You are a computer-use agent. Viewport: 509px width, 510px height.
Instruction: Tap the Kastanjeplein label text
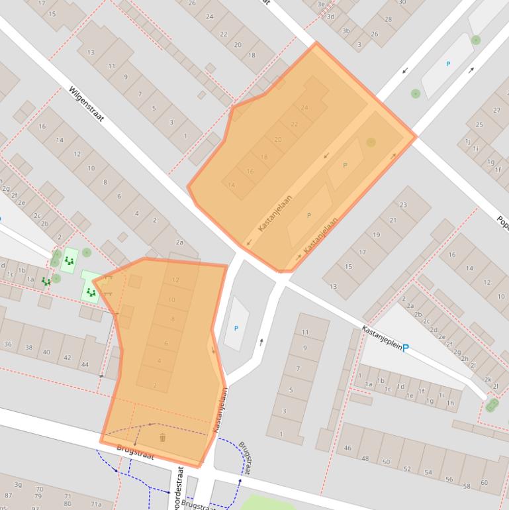[x=381, y=338]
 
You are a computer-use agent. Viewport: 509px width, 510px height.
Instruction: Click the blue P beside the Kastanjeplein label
[x=406, y=348]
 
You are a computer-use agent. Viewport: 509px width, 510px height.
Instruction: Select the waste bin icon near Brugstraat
[x=162, y=437]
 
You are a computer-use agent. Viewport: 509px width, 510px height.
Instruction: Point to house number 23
[x=403, y=205]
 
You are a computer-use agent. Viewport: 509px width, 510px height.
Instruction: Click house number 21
[x=393, y=220]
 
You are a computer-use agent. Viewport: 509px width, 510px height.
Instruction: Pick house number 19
[x=377, y=235]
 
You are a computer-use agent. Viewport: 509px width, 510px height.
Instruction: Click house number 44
[x=85, y=365]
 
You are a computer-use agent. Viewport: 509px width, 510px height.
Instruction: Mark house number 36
[x=8, y=344]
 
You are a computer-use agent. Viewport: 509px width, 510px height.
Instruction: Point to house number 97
[x=7, y=495]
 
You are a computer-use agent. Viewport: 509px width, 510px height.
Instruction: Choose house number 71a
[x=97, y=505]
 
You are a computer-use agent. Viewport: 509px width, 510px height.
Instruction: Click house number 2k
[x=488, y=380]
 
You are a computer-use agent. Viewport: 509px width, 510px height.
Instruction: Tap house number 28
[x=389, y=19]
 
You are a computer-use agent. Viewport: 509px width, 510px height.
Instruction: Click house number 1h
[x=450, y=403]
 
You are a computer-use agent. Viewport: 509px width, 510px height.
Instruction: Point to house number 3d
[x=330, y=17]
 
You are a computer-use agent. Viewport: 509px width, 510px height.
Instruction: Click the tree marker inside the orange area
[x=371, y=142]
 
